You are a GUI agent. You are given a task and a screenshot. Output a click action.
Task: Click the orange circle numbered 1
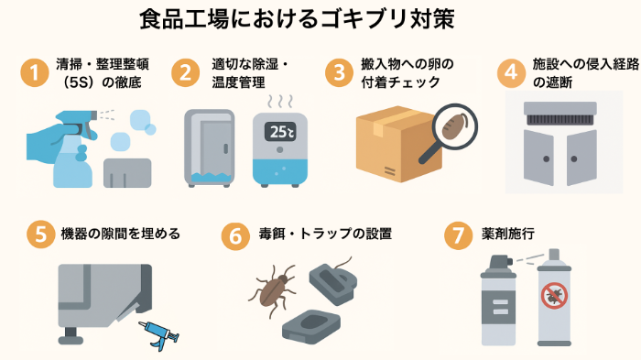point(35,72)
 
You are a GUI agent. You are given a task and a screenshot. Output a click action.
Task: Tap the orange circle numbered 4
point(511,72)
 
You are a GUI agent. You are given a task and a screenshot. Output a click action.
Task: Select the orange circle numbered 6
point(235,236)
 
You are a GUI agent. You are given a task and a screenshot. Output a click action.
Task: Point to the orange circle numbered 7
point(458,235)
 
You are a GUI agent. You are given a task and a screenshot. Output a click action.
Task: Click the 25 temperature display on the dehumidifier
point(280,132)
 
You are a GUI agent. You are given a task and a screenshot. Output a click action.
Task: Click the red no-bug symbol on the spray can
point(554,295)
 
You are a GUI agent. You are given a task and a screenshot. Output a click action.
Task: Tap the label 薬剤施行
point(508,234)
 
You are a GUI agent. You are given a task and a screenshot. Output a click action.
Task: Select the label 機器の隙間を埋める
point(120,234)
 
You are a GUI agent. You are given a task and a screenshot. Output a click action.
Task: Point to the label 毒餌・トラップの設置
point(325,234)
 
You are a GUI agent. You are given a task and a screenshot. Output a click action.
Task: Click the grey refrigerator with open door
point(210,148)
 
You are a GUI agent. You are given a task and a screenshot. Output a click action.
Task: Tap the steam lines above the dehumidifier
point(280,102)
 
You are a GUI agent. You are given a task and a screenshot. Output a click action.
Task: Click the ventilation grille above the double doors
point(560,115)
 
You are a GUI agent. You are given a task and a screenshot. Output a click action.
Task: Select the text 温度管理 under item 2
point(238,82)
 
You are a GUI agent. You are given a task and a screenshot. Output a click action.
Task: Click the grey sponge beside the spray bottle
point(127,173)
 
